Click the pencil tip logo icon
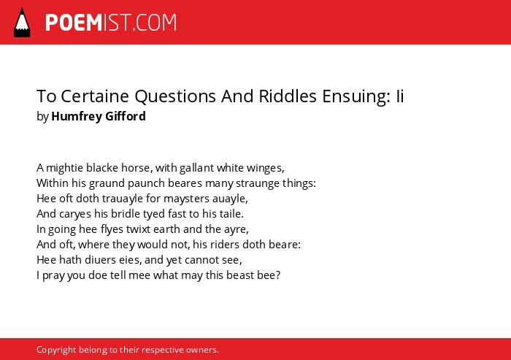coord(22,22)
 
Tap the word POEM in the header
coord(74,23)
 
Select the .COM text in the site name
coord(154,23)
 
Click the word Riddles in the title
coord(288,96)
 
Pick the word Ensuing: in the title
coord(356,96)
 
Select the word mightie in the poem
coord(64,168)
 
